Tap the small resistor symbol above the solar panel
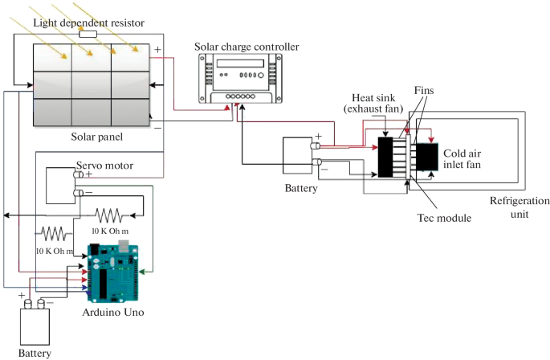[88, 35]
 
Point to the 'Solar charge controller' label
[246, 47]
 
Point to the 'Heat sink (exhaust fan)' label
[379, 104]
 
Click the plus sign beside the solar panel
[157, 50]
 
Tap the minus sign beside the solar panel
[157, 126]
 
